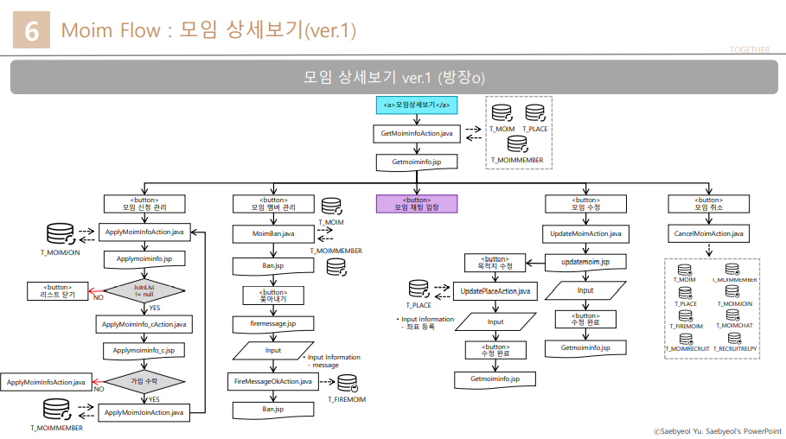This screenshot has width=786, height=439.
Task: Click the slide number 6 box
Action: pyautogui.click(x=32, y=31)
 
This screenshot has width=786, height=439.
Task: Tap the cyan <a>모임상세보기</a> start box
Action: pyautogui.click(x=417, y=105)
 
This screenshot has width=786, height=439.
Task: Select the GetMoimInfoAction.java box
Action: pyautogui.click(x=417, y=134)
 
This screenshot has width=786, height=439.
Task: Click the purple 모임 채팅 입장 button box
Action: pyautogui.click(x=417, y=203)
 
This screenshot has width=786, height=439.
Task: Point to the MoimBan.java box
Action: pyautogui.click(x=273, y=233)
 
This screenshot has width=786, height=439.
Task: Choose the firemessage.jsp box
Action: pyautogui.click(x=273, y=322)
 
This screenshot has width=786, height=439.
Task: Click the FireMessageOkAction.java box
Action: pyautogui.click(x=273, y=381)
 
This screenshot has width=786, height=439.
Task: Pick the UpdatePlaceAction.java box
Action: pyautogui.click(x=495, y=291)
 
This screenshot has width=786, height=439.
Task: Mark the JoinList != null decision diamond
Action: pyautogui.click(x=144, y=289)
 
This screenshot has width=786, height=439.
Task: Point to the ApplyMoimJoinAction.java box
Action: pyautogui.click(x=144, y=412)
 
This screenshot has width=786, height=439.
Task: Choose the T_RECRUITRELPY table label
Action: pyautogui.click(x=736, y=349)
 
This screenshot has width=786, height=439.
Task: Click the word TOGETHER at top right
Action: pyautogui.click(x=749, y=50)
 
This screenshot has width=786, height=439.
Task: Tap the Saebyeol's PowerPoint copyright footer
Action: pyautogui.click(x=717, y=429)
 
